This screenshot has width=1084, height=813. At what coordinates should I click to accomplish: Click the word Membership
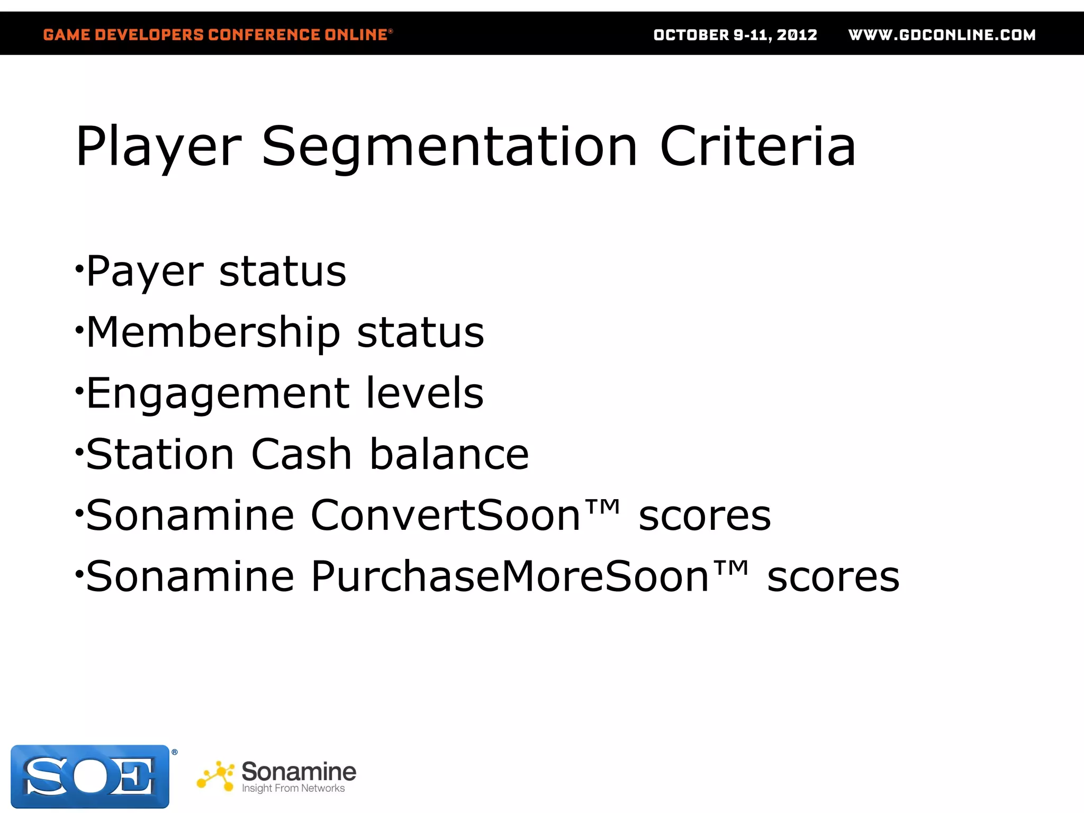pyautogui.click(x=213, y=332)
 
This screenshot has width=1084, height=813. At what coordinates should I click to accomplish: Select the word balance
pyautogui.click(x=449, y=454)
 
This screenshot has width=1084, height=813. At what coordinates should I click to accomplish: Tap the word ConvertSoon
pyautogui.click(x=446, y=515)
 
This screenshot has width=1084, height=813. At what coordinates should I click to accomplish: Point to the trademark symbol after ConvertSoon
pyautogui.click(x=602, y=507)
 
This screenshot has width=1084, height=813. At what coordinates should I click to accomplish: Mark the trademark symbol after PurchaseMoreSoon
pyautogui.click(x=731, y=568)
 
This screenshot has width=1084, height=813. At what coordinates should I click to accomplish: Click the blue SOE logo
pyautogui.click(x=91, y=776)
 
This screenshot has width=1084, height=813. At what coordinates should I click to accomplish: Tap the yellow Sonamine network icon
pyautogui.click(x=216, y=776)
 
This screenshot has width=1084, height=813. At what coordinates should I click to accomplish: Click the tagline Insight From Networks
pyautogui.click(x=293, y=789)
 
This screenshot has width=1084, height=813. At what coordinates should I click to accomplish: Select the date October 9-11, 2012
pyautogui.click(x=735, y=35)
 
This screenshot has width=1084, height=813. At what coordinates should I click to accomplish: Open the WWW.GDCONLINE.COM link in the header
pyautogui.click(x=942, y=35)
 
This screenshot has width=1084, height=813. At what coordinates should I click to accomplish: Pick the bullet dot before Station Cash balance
pyautogui.click(x=79, y=451)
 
